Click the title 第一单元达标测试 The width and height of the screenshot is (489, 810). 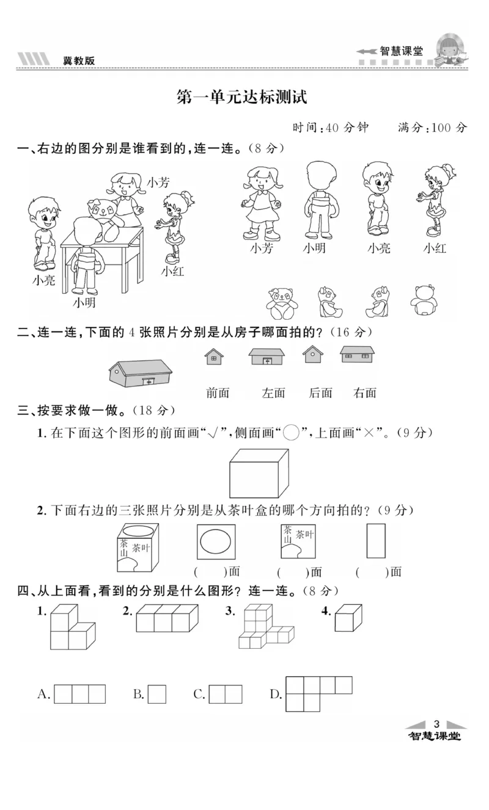(241, 96)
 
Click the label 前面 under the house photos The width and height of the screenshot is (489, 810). (218, 393)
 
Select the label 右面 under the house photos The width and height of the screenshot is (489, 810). (365, 393)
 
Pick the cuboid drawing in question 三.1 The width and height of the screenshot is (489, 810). (259, 475)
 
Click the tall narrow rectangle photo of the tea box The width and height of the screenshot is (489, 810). (376, 540)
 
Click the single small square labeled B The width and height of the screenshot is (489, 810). (157, 694)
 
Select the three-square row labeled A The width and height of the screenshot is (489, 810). (79, 694)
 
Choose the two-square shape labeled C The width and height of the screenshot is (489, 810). (226, 694)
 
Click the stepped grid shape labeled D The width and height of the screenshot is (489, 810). (318, 693)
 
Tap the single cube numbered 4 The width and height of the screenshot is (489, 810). (348, 618)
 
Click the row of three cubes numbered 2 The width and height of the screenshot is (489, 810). (167, 618)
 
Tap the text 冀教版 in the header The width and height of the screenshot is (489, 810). (79, 60)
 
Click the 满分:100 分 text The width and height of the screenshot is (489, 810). (432, 128)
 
